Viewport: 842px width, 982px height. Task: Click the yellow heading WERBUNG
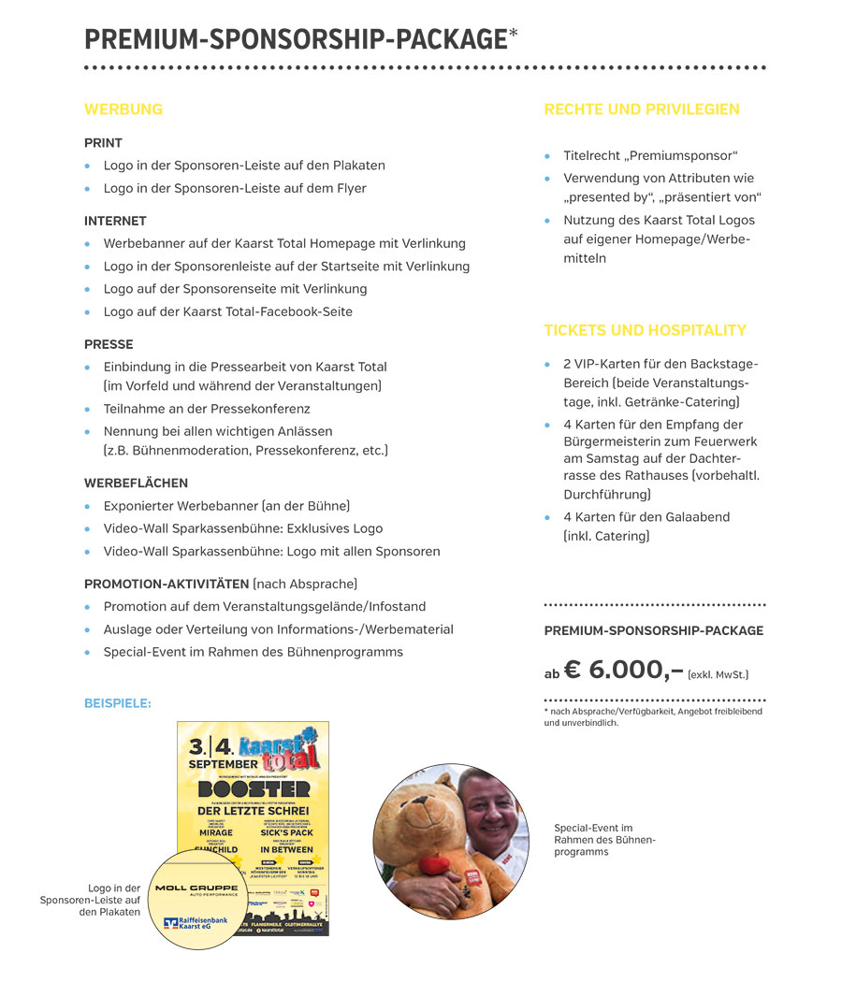pyautogui.click(x=123, y=109)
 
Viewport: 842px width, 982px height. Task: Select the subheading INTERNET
pyautogui.click(x=115, y=222)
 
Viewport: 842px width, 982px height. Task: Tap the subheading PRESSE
pyautogui.click(x=109, y=344)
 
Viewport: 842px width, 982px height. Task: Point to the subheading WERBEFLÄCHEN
pyautogui.click(x=136, y=484)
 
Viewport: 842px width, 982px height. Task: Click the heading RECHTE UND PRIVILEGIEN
pyautogui.click(x=642, y=109)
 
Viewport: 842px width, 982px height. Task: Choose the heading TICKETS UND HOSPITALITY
pyautogui.click(x=646, y=330)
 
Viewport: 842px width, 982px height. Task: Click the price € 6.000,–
pyautogui.click(x=623, y=670)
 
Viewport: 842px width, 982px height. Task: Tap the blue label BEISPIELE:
pyautogui.click(x=117, y=703)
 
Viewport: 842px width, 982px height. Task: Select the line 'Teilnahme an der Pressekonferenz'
pyautogui.click(x=207, y=409)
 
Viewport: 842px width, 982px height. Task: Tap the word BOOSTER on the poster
pyautogui.click(x=254, y=789)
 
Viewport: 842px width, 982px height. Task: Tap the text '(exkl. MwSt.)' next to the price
pyautogui.click(x=719, y=674)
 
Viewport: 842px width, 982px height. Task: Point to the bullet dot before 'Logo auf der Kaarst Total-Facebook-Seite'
pyautogui.click(x=88, y=312)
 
